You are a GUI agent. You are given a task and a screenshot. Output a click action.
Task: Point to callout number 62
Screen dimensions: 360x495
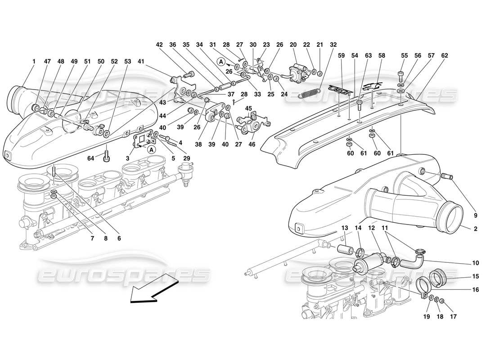tap(445, 56)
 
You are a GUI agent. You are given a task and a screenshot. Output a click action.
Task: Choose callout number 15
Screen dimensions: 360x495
tap(475, 276)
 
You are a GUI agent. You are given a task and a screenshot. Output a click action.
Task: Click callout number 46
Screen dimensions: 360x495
tap(252, 144)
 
